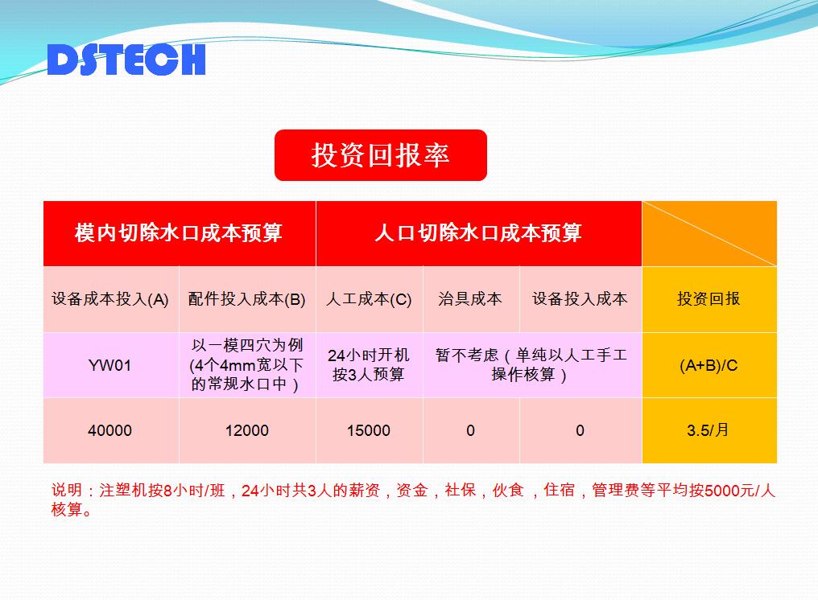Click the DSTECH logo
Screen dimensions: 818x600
coord(126,60)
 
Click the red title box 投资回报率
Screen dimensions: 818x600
coord(381,155)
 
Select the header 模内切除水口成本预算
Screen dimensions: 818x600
coord(179,233)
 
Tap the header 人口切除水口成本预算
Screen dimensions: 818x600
coord(478,233)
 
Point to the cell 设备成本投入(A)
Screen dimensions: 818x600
coord(110,299)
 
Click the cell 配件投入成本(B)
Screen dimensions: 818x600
coord(246,299)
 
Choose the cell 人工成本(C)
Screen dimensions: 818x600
coord(369,299)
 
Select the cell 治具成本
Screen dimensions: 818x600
coord(470,298)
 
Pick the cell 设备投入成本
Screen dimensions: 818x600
coord(580,298)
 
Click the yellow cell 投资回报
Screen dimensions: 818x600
coord(709,298)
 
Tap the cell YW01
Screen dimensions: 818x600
coord(109,365)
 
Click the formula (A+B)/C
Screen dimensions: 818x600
coord(709,365)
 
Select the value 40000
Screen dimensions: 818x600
coord(109,430)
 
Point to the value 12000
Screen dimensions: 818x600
coord(246,430)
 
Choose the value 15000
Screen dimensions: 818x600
coord(369,430)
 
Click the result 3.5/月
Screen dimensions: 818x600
coord(708,430)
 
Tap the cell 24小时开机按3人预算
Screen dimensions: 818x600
coord(369,365)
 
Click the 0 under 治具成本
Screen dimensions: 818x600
coord(470,430)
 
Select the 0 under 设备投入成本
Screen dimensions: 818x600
coord(580,430)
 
